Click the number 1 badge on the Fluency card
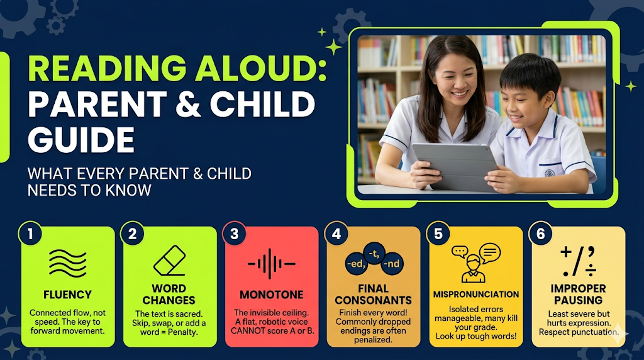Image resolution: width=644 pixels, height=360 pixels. pos(30,234)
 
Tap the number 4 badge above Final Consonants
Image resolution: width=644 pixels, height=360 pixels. pos(336,234)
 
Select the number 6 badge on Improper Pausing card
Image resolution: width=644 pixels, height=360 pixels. pos(540,234)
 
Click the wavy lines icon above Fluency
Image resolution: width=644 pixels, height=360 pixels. pos(68,263)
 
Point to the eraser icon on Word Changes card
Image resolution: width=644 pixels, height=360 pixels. pos(170,261)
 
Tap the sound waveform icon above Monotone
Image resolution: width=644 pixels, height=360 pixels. pos(272,264)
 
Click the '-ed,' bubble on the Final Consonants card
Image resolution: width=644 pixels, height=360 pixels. pos(356,264)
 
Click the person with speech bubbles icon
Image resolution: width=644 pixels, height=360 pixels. pos(475,263)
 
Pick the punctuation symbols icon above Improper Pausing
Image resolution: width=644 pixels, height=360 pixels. pos(579,261)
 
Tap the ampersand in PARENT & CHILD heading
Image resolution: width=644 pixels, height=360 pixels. pos(188,104)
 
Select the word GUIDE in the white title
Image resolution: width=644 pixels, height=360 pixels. pos(81,140)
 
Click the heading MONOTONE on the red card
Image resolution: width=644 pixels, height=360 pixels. pos(272,295)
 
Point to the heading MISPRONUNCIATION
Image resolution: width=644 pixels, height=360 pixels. pos(476,295)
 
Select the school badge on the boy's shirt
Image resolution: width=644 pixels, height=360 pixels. pos(550,173)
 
